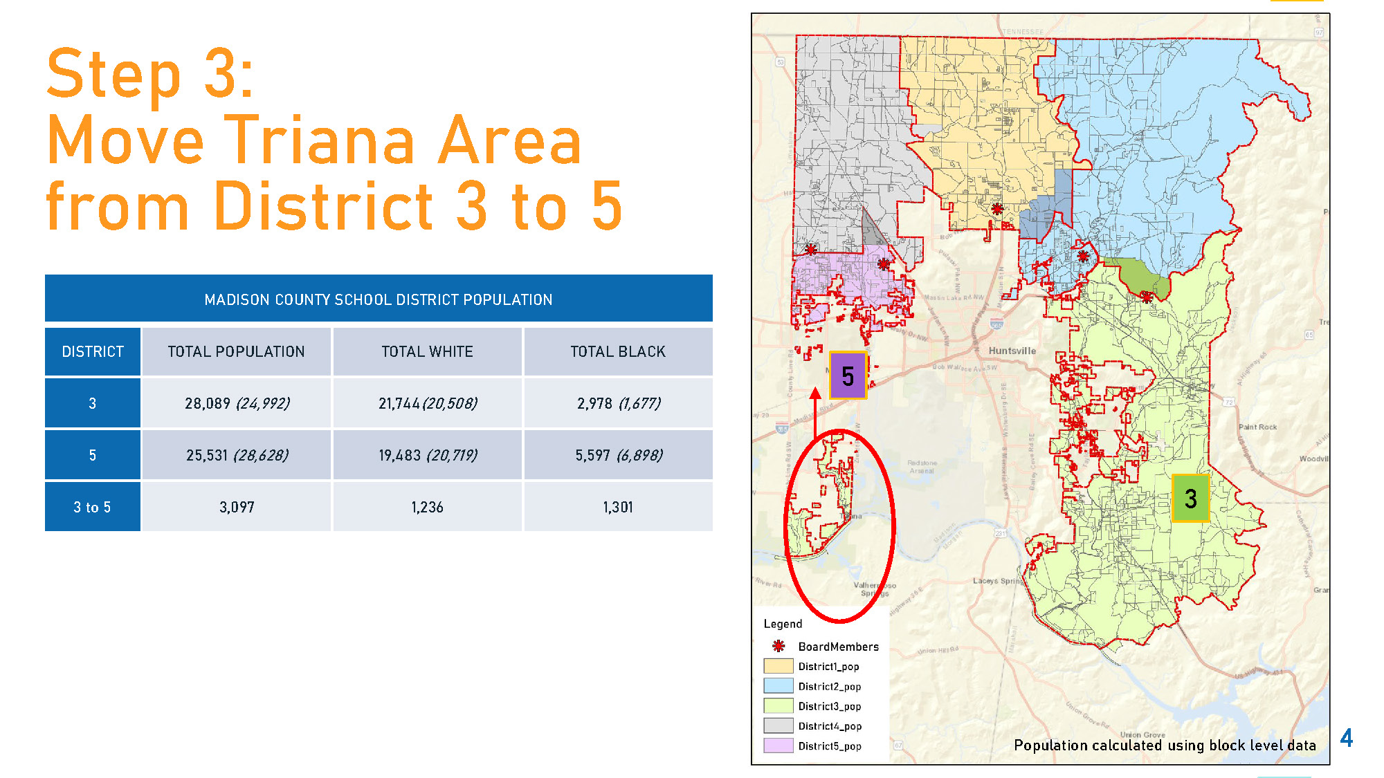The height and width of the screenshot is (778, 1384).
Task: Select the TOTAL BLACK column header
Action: (618, 351)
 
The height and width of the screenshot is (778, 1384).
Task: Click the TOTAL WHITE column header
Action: (427, 351)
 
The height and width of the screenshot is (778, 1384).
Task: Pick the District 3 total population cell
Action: (237, 403)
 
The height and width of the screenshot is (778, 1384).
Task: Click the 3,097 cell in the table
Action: (237, 507)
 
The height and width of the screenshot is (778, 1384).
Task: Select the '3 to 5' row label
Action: (92, 507)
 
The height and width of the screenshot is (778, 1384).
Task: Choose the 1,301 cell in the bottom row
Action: (618, 507)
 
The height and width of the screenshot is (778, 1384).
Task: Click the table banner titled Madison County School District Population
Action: (379, 299)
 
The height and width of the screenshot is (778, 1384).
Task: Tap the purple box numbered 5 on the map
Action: (848, 376)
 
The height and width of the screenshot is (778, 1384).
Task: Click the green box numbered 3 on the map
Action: (1190, 498)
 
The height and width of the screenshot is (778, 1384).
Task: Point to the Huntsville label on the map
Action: (1012, 351)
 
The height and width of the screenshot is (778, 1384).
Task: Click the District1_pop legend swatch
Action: (778, 666)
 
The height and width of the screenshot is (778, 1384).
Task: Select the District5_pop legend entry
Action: (829, 745)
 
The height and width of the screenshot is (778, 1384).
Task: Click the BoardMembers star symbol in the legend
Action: (778, 646)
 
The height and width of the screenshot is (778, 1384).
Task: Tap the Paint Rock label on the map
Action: (1257, 427)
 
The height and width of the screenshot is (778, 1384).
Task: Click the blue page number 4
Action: (1346, 737)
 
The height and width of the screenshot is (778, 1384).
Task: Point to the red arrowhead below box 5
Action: (815, 393)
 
